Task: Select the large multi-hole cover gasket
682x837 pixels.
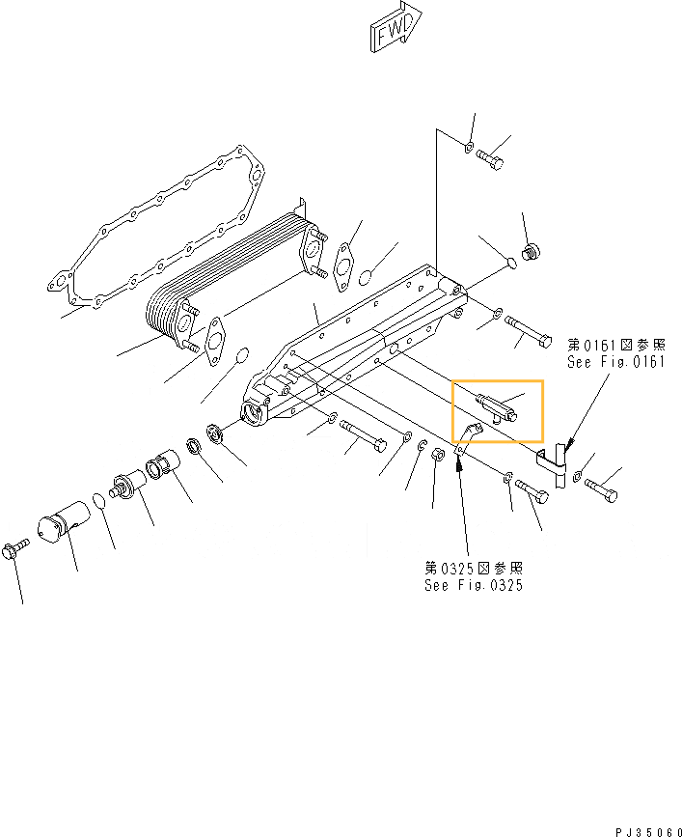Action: [154, 226]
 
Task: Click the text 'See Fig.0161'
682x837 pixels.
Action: [616, 362]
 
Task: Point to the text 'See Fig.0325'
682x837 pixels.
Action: [474, 585]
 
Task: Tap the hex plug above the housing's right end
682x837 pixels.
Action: [529, 254]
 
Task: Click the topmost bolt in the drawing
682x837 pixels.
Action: [491, 159]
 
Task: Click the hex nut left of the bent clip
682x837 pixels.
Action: [436, 455]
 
